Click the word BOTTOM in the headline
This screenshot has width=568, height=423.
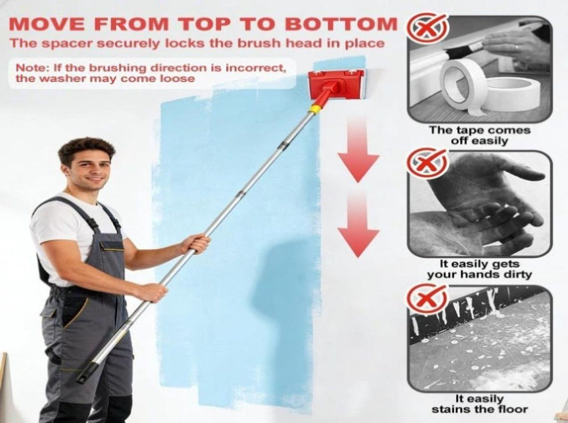[x=341, y=24]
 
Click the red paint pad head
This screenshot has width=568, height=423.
[x=336, y=84]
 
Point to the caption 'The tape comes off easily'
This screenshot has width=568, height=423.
[x=480, y=135]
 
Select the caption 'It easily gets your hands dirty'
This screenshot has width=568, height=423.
[x=479, y=269]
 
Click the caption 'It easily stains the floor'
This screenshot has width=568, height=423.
[x=480, y=404]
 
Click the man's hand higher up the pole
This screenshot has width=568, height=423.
[x=197, y=243]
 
